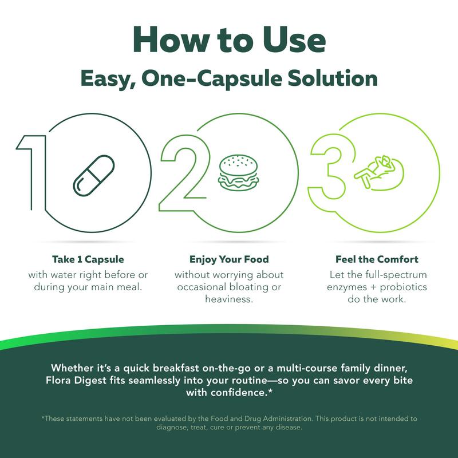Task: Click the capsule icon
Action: tap(94, 176)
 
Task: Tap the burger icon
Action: tap(238, 173)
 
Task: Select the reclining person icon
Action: tap(380, 173)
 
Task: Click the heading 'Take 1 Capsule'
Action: tap(88, 259)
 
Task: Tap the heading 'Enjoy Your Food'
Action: tap(229, 259)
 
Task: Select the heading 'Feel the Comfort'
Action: tap(377, 259)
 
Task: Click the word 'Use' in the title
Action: tap(294, 40)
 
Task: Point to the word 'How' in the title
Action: tap(172, 40)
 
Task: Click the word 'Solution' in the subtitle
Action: tap(333, 78)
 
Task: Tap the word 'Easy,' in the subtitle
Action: tap(108, 80)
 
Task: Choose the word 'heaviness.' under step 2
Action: tap(229, 299)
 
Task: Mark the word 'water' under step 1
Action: tap(65, 275)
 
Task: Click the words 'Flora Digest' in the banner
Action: tap(76, 381)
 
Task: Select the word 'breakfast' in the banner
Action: tap(176, 368)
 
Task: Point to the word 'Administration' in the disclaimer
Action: tap(287, 418)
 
